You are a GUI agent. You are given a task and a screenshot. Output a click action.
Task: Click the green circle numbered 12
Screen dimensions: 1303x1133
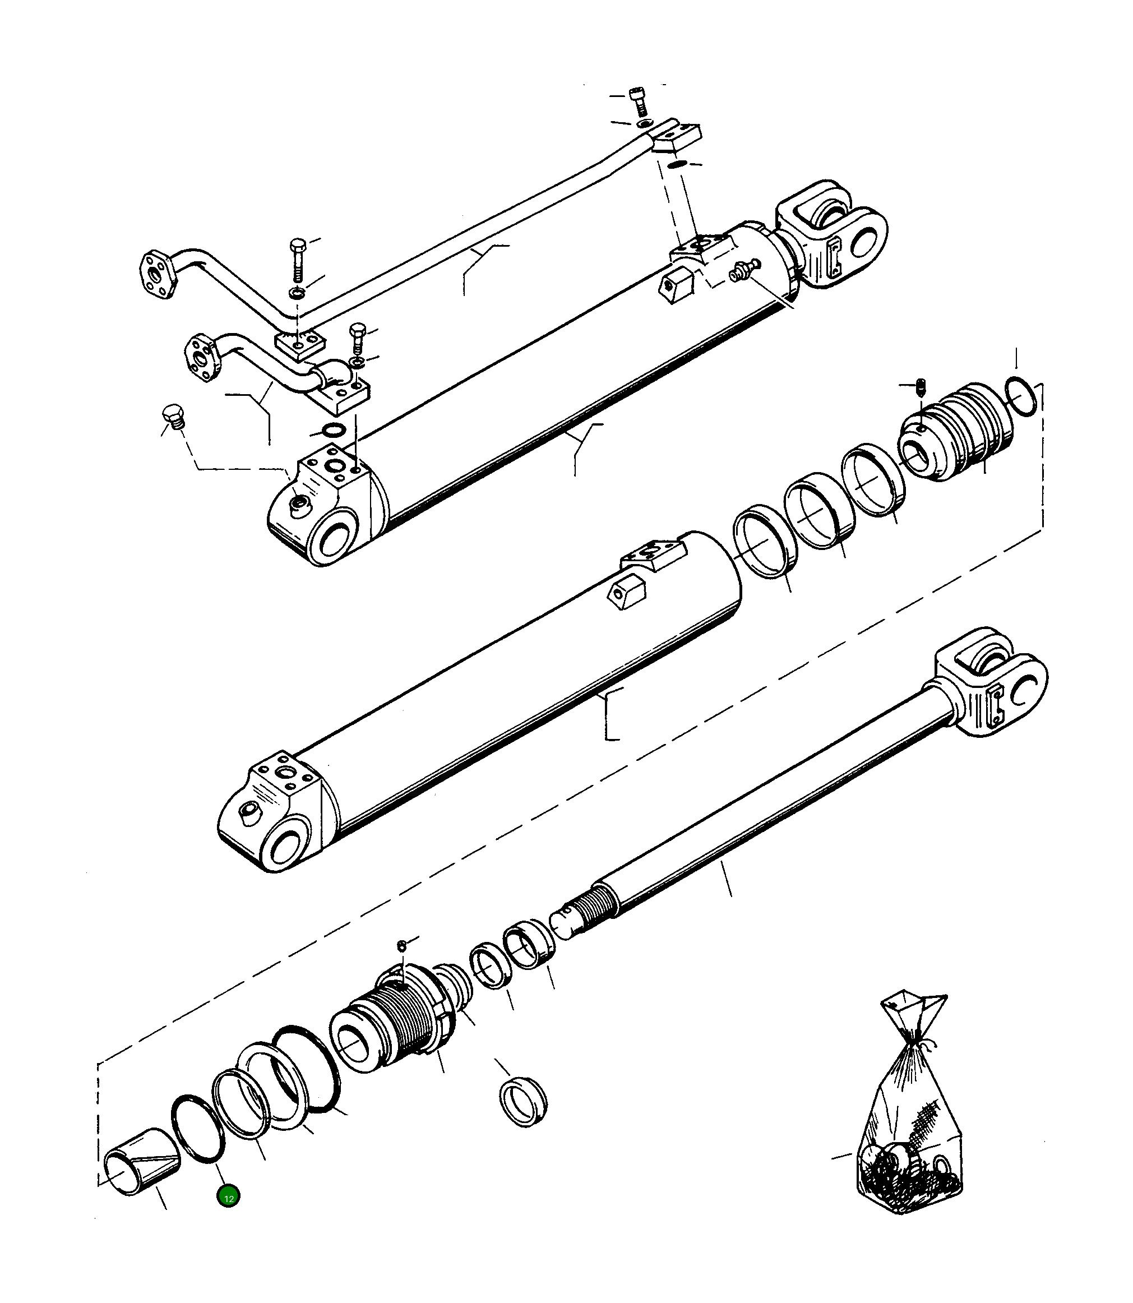coord(228,1198)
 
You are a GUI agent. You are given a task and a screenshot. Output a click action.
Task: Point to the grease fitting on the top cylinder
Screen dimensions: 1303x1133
coord(741,272)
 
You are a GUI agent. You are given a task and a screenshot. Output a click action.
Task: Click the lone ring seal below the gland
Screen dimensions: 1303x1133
coord(523,1103)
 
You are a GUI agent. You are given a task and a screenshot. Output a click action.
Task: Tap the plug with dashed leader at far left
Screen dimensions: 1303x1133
coord(173,416)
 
